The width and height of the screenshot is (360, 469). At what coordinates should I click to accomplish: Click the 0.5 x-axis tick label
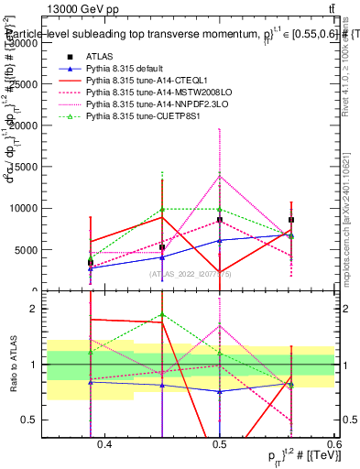(x=219, y=445)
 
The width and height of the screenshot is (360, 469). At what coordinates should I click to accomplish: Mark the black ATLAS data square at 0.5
(x=219, y=221)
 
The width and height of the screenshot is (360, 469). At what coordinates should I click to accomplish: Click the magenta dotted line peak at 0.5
(x=219, y=176)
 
